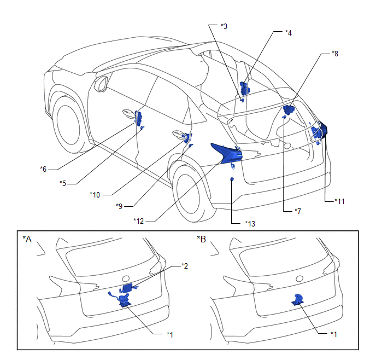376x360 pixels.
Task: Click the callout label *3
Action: [x=224, y=26]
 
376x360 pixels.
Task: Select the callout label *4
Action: [x=288, y=33]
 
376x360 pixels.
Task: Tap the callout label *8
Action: [x=334, y=54]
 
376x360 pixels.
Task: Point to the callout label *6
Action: [x=43, y=169]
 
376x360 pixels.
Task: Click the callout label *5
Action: [x=63, y=182]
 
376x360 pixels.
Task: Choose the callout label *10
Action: [x=95, y=194]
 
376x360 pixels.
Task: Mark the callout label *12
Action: [x=139, y=220]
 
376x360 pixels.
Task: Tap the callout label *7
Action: [x=297, y=210]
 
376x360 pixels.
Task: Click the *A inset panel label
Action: [x=27, y=239]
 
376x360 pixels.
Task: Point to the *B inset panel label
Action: [x=201, y=239]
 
